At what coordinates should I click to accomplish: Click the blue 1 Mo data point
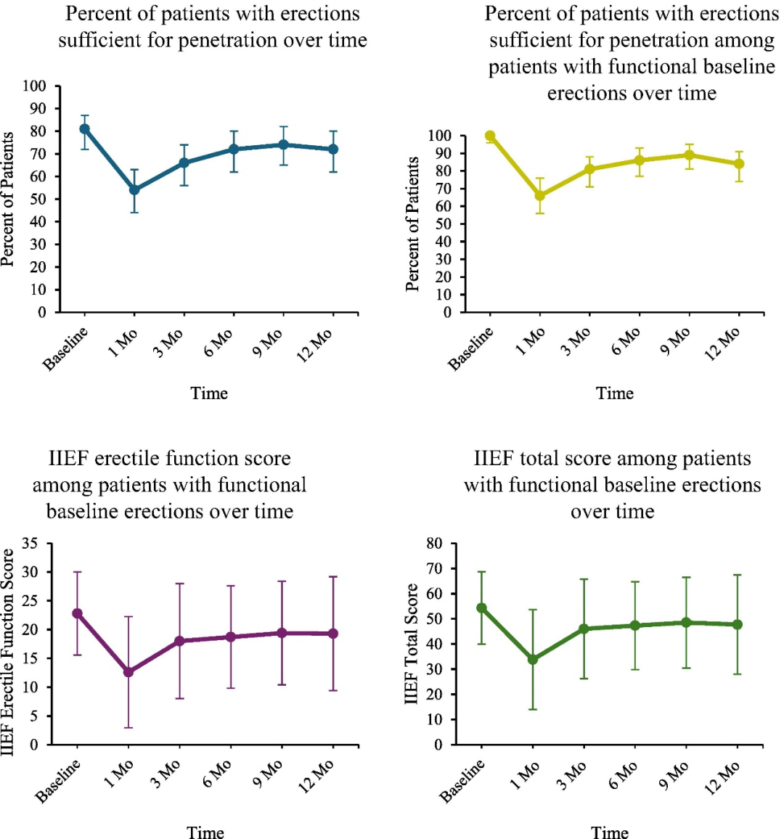click(x=134, y=190)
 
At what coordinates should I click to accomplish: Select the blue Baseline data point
click(x=84, y=129)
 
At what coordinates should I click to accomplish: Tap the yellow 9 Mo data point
click(x=689, y=155)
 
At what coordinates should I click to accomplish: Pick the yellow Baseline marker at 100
click(x=490, y=136)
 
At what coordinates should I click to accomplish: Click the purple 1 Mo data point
click(x=128, y=672)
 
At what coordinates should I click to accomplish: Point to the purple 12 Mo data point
click(x=333, y=634)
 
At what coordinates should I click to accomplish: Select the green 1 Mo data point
click(x=533, y=660)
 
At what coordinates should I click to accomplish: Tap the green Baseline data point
click(x=481, y=608)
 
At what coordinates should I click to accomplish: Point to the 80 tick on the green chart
click(x=434, y=543)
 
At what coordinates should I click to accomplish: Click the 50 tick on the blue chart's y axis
click(x=38, y=199)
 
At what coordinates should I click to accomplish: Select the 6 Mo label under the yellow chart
click(x=626, y=342)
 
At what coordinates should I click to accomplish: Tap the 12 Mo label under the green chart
click(x=723, y=778)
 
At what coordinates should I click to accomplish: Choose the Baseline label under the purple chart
click(x=58, y=781)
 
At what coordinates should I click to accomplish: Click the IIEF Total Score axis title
click(x=412, y=643)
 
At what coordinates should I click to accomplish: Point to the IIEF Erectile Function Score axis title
click(x=8, y=651)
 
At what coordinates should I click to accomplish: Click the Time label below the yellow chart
click(x=615, y=393)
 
